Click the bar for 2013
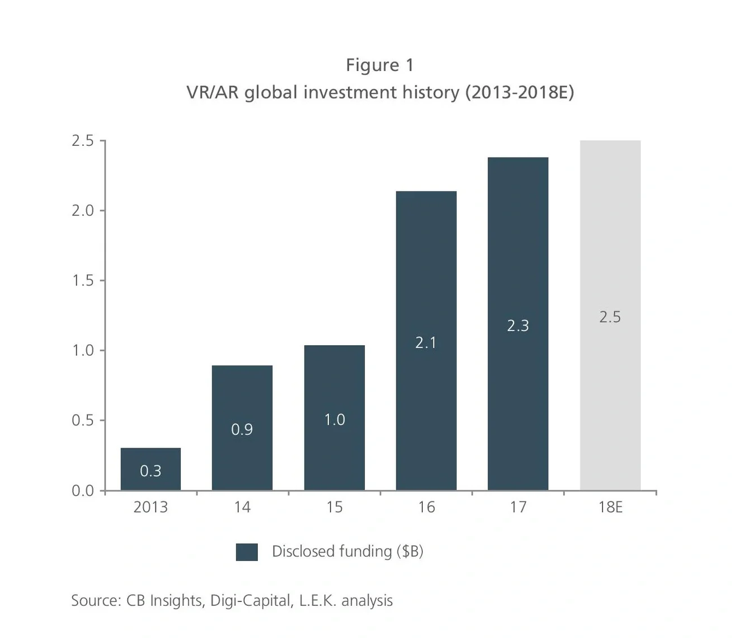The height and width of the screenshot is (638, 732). click(x=150, y=469)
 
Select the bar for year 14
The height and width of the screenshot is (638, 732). click(x=242, y=427)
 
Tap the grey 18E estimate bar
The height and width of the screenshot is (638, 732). click(x=610, y=315)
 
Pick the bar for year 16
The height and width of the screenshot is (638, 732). click(x=426, y=340)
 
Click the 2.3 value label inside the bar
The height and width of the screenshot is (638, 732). click(x=517, y=325)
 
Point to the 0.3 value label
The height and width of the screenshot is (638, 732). click(x=150, y=471)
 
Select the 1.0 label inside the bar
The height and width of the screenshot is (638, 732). click(x=334, y=420)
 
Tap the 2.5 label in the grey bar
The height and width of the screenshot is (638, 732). click(x=610, y=317)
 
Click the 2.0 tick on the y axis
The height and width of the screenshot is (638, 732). click(x=82, y=211)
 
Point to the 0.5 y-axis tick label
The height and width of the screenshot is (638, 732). click(x=82, y=421)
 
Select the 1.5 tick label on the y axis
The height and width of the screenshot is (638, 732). click(x=82, y=280)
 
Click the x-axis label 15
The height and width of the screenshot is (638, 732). click(x=334, y=507)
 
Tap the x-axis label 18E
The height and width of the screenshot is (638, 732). click(x=610, y=507)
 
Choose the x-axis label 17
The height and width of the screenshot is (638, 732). click(x=518, y=507)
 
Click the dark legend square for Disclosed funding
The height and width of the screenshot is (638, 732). click(x=247, y=552)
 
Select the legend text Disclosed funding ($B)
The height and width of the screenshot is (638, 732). click(x=347, y=551)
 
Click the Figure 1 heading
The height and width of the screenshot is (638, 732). click(x=380, y=65)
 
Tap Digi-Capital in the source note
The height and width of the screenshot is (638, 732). click(x=251, y=600)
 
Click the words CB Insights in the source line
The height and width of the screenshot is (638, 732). click(x=164, y=600)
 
